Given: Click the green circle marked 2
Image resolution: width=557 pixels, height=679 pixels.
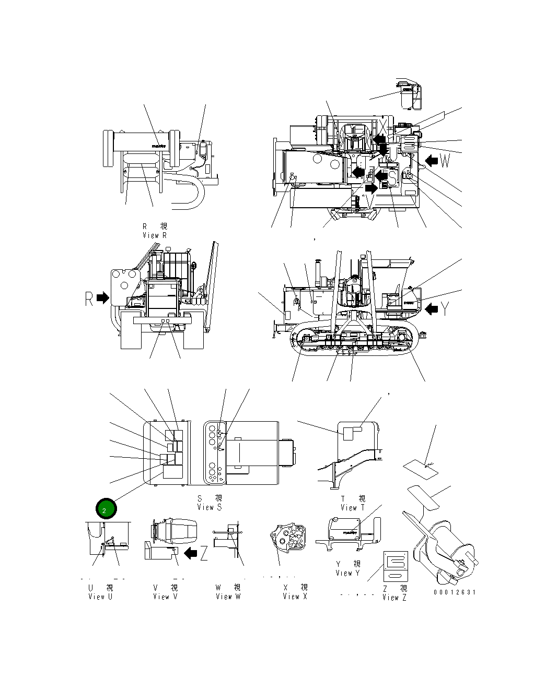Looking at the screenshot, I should (x=105, y=509).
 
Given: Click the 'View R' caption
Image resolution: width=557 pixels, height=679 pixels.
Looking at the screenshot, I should (x=155, y=235).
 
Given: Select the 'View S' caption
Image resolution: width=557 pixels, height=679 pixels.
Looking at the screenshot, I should (x=209, y=507).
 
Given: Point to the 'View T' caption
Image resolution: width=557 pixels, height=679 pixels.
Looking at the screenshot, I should (x=353, y=507).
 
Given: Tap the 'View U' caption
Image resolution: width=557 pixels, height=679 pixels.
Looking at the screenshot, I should (x=100, y=597).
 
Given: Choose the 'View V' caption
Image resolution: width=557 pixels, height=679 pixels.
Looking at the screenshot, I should (x=165, y=597).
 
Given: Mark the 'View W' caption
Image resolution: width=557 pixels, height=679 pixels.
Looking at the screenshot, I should (x=228, y=597).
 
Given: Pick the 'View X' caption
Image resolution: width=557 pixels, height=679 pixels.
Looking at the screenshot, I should (x=295, y=597).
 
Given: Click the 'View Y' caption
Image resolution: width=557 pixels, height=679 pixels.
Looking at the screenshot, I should (x=347, y=573).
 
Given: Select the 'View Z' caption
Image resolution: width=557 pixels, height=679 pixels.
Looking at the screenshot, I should (x=394, y=598).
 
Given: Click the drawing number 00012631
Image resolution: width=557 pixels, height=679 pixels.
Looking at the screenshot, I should (x=454, y=592).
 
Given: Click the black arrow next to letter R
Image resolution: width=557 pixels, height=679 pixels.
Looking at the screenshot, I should (x=103, y=298).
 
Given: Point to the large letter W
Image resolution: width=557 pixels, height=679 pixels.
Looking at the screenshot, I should (x=444, y=161).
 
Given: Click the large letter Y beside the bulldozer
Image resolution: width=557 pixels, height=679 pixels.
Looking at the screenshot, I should (x=445, y=309).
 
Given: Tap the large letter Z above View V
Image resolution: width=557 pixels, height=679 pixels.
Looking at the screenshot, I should (x=204, y=553).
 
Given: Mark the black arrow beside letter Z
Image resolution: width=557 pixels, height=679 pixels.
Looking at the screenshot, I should (x=192, y=552).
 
